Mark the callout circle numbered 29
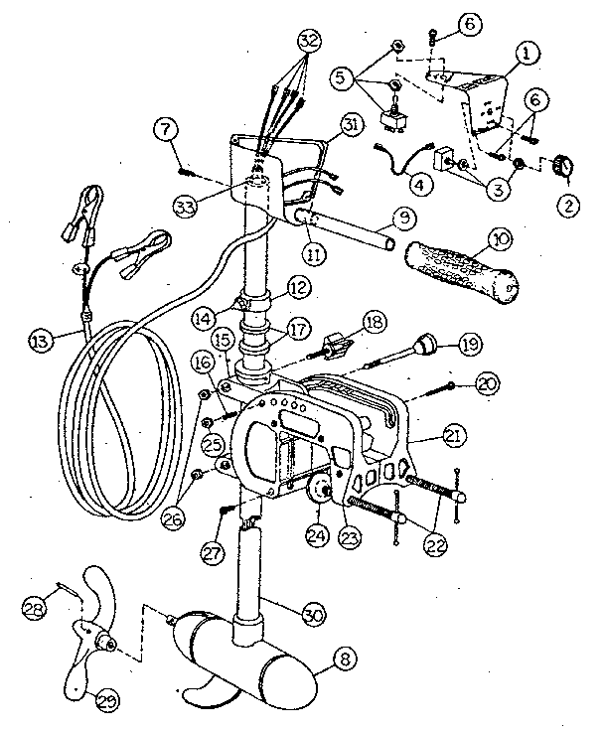(104, 699)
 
